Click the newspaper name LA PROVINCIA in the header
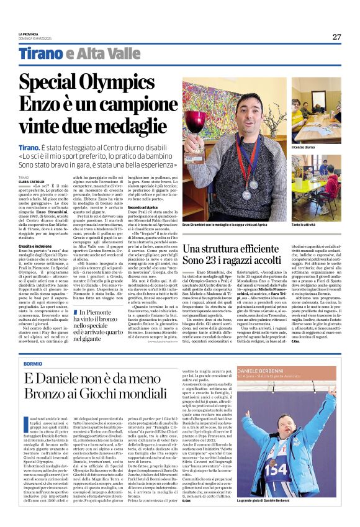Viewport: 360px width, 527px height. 28,34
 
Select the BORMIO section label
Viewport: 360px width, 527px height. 32,363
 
